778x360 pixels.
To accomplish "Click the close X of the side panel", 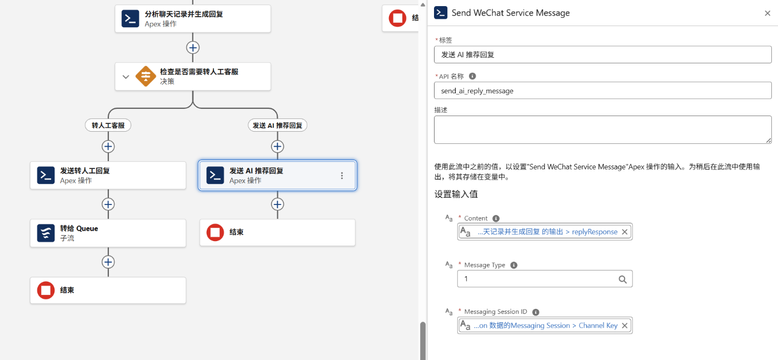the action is point(767,13).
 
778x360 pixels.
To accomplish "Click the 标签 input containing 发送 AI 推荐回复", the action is point(602,54).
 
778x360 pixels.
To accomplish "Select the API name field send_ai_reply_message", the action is point(602,91).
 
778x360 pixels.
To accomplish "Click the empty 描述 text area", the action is point(602,129).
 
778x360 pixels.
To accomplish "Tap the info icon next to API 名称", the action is point(472,76).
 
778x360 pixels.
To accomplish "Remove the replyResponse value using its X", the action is point(625,232).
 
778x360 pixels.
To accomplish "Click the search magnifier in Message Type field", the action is point(622,279).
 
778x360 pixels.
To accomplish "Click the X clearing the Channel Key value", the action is point(625,326).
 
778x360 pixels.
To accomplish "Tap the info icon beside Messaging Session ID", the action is point(536,312).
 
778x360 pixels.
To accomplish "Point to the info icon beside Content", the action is point(496,218).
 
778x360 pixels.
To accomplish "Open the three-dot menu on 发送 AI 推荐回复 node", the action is point(342,176).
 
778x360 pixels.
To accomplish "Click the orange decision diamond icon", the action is point(146,76).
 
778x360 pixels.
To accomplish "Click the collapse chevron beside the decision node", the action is point(126,77).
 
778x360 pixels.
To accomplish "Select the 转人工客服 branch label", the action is point(108,126).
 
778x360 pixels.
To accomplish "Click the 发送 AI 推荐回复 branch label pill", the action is point(277,126).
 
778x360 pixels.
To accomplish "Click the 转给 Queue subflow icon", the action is point(46,233).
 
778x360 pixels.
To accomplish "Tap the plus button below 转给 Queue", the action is point(108,262).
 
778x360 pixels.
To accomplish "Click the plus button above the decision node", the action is point(193,48).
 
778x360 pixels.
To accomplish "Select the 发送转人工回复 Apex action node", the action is point(108,176).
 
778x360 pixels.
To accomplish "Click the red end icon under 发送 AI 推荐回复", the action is point(216,232).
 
